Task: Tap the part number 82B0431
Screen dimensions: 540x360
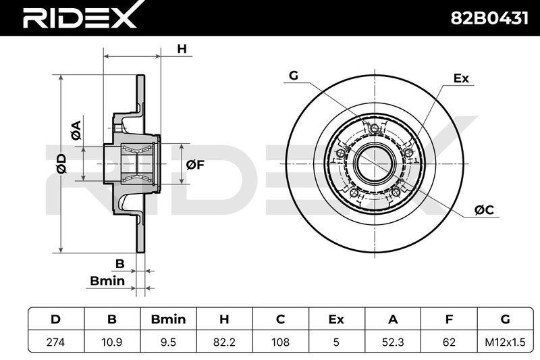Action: coord(489,18)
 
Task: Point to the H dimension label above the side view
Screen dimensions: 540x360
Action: coord(182,49)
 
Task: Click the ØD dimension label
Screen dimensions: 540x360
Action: coord(61,163)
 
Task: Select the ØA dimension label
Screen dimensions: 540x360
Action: coord(76,130)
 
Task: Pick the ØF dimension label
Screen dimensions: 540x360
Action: coord(195,165)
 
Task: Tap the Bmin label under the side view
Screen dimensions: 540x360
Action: coord(107,281)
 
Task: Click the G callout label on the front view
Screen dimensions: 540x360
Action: coord(294,75)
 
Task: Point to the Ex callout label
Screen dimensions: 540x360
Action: coord(461,78)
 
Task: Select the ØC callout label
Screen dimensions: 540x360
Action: coord(484,210)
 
